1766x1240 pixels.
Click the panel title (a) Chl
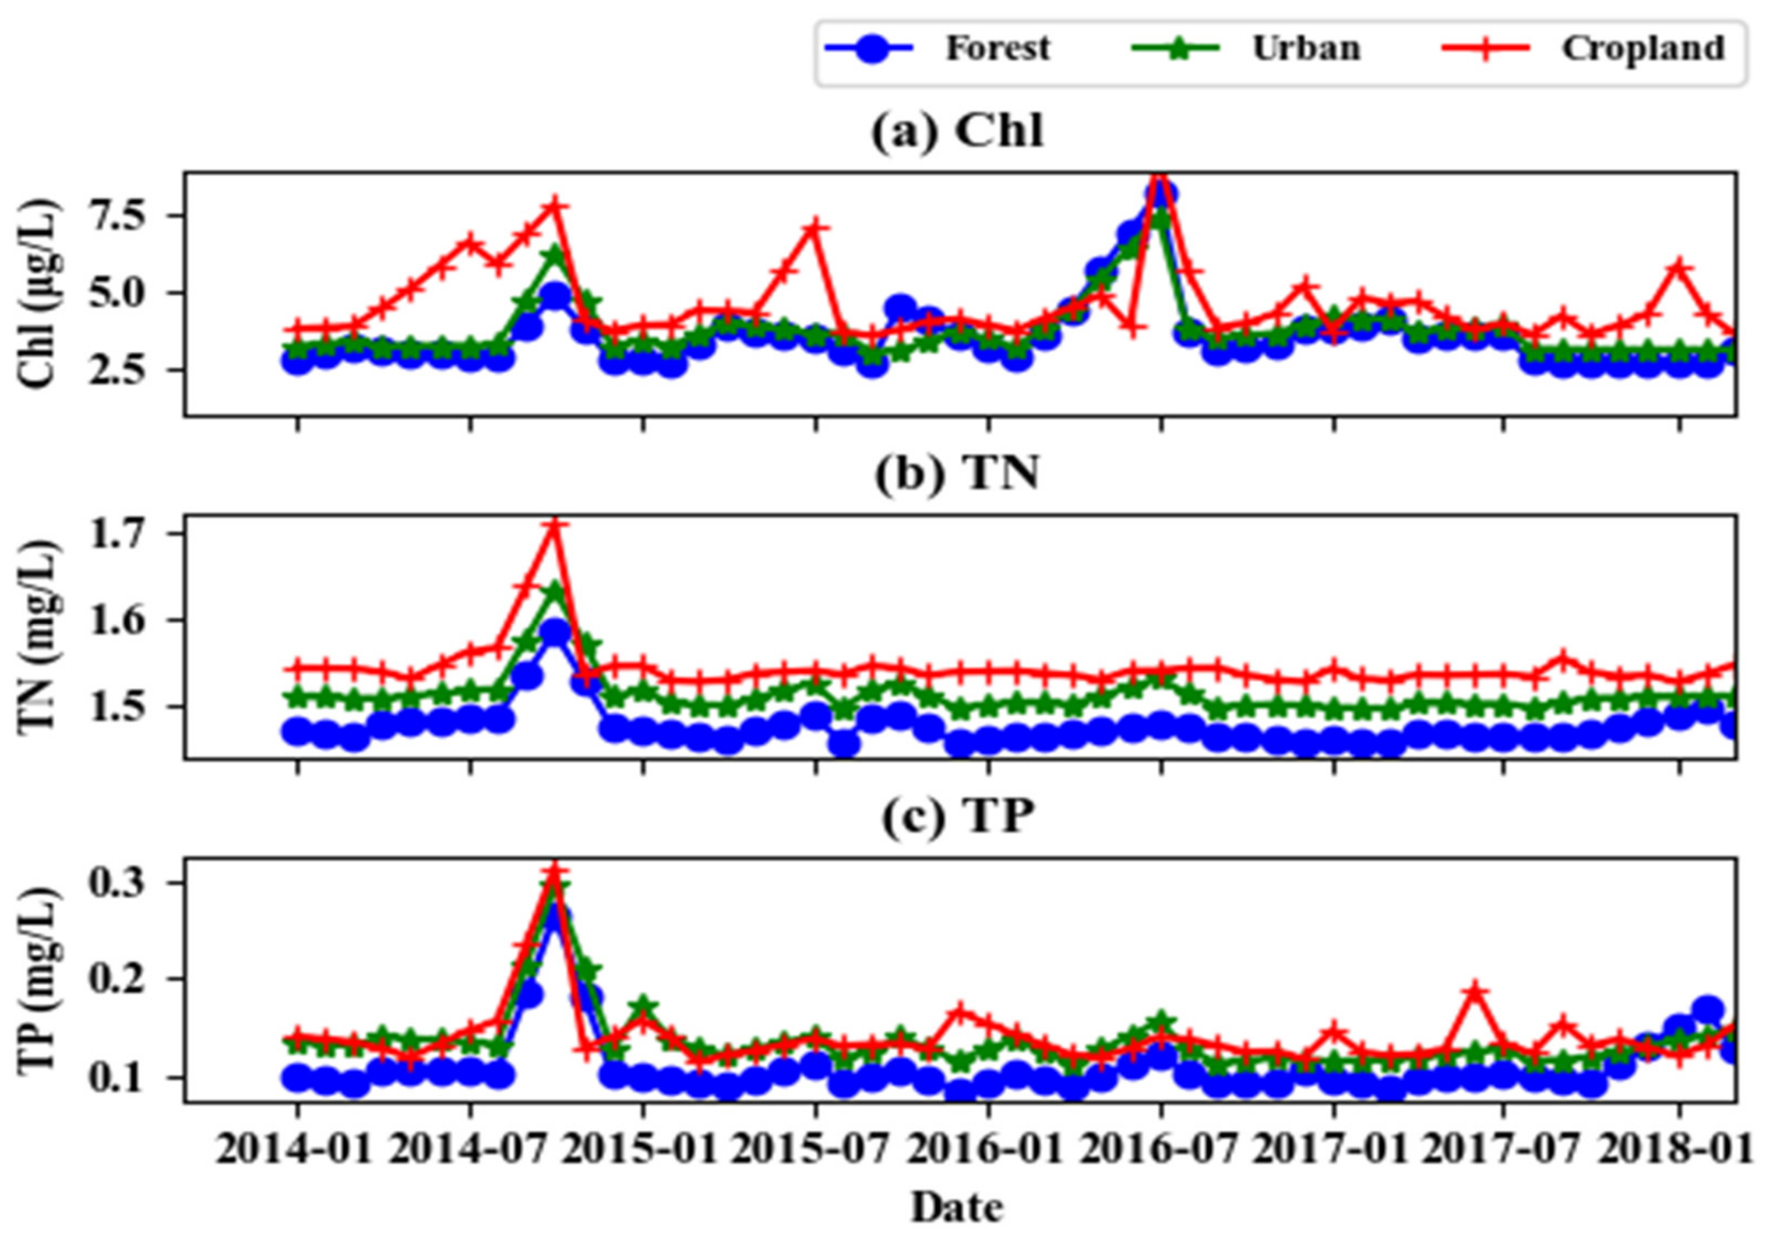[x=957, y=132]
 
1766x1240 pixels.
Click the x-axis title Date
[x=957, y=1207]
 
